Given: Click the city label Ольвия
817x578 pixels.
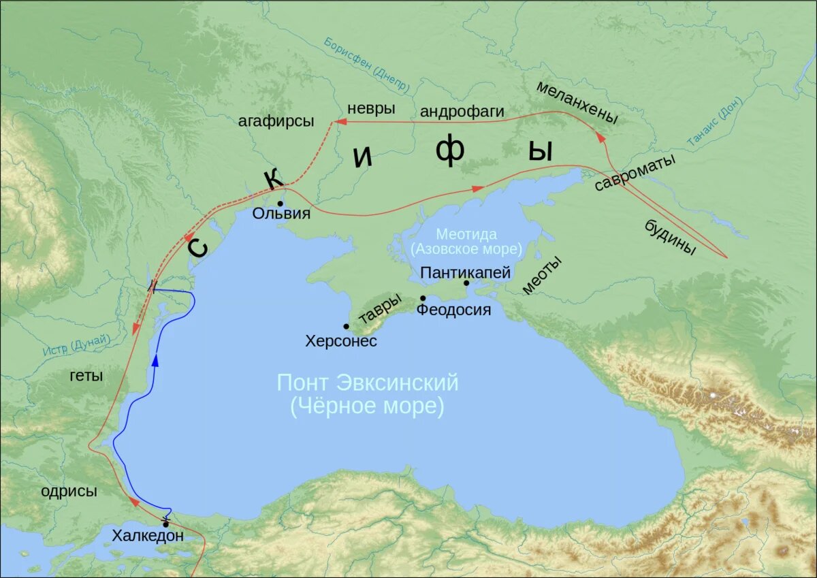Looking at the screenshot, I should (281, 214).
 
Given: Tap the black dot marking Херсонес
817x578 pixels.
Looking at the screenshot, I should (347, 327).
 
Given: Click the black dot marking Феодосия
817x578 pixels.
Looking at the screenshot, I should (423, 298).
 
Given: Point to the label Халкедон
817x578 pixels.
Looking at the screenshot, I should (148, 536).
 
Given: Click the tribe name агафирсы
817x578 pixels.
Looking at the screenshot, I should (276, 121).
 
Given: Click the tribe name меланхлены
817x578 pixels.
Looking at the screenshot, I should (577, 103).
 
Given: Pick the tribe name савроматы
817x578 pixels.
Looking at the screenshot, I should (635, 173).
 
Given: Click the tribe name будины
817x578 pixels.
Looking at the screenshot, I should (670, 238).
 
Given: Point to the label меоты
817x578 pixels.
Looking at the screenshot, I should (542, 275).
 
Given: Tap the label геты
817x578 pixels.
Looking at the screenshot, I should (86, 376).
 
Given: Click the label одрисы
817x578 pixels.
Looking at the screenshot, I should (69, 491).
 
